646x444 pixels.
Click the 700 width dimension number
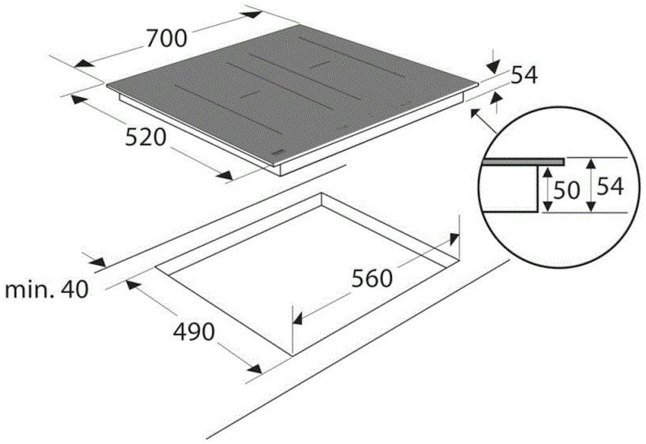[x=167, y=38]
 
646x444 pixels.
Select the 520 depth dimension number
[x=145, y=137]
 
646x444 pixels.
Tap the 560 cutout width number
[x=372, y=279]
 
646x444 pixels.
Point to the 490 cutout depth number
[x=194, y=332]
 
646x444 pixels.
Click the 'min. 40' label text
[x=47, y=290]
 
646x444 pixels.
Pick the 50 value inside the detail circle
[x=566, y=190]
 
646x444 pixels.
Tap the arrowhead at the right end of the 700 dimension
[x=252, y=14]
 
